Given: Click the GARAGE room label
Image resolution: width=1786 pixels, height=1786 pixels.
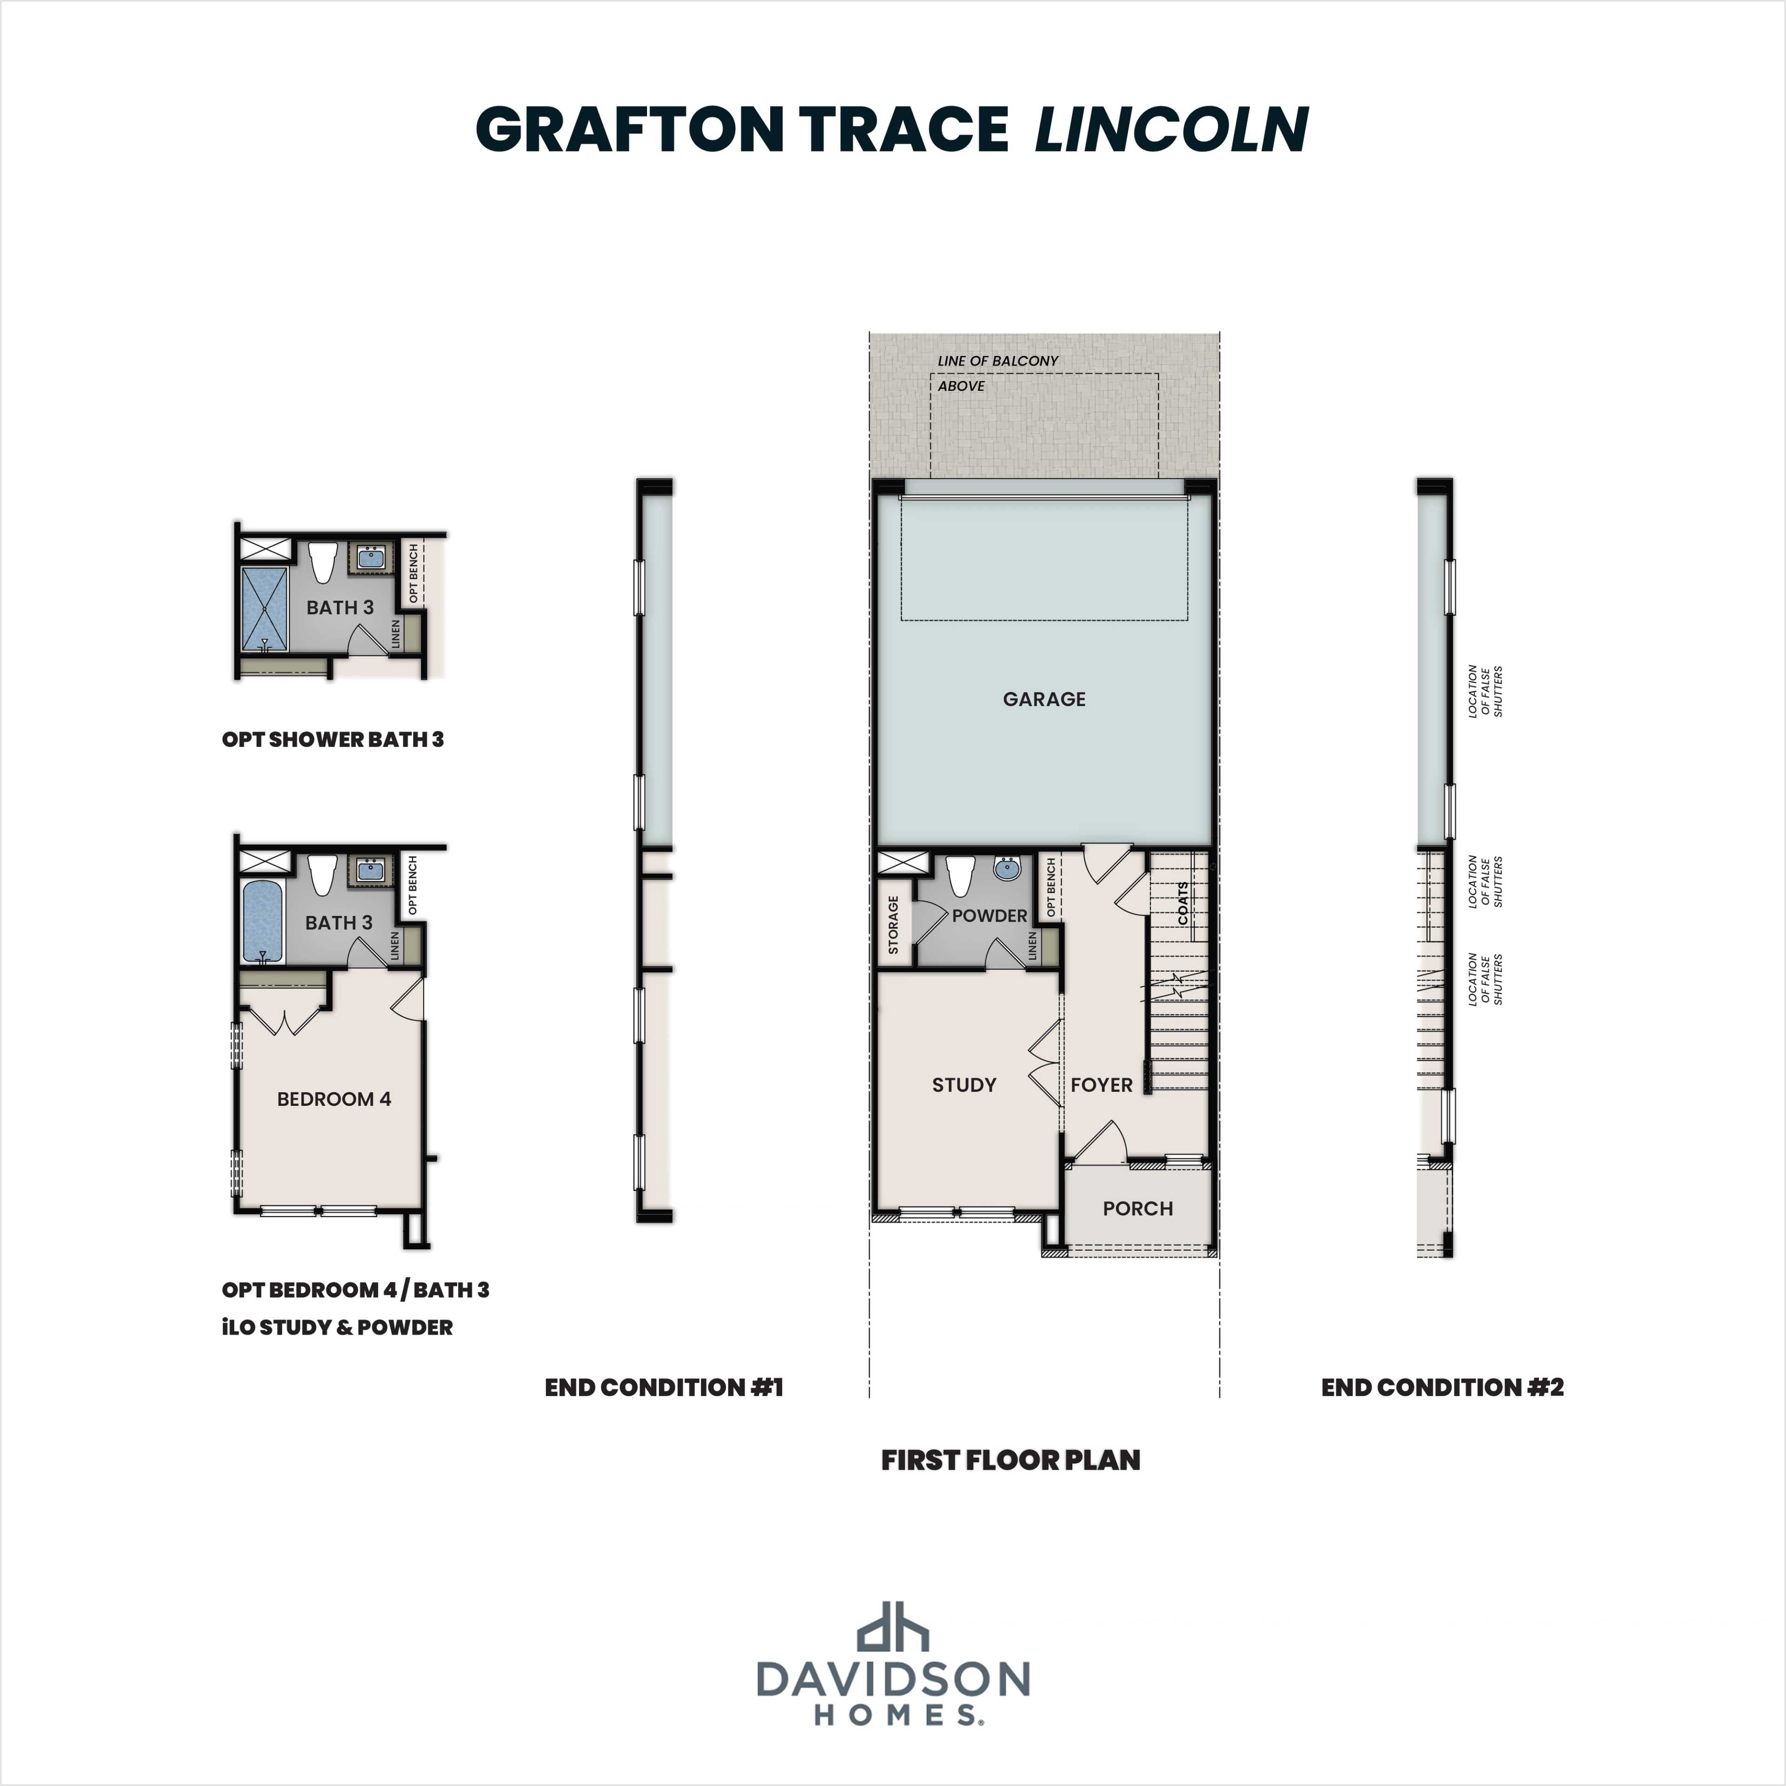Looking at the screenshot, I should click(1044, 699).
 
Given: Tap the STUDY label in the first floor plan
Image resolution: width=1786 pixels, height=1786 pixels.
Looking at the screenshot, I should click(963, 1084).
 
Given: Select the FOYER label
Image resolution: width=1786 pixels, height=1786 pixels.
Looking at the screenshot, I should click(1101, 1084).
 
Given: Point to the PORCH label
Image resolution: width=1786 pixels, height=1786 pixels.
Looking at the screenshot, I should click(1137, 1208).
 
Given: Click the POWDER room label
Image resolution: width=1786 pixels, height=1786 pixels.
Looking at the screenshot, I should click(989, 915).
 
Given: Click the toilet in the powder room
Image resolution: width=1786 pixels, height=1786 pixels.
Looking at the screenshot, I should click(960, 874).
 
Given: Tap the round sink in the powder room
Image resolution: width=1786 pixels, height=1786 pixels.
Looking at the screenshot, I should click(1006, 869).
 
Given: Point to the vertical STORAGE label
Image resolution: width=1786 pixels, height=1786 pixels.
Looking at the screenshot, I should click(893, 925).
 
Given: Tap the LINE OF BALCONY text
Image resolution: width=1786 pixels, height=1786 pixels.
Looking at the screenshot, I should click(998, 360).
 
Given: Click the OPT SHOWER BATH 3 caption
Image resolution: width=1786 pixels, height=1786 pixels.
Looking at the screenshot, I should click(333, 740).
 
